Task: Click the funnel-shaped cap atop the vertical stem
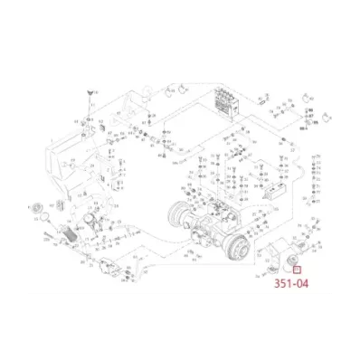tap(89, 92)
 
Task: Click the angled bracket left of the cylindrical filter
tap(270, 260)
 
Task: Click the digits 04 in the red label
tap(300, 282)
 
